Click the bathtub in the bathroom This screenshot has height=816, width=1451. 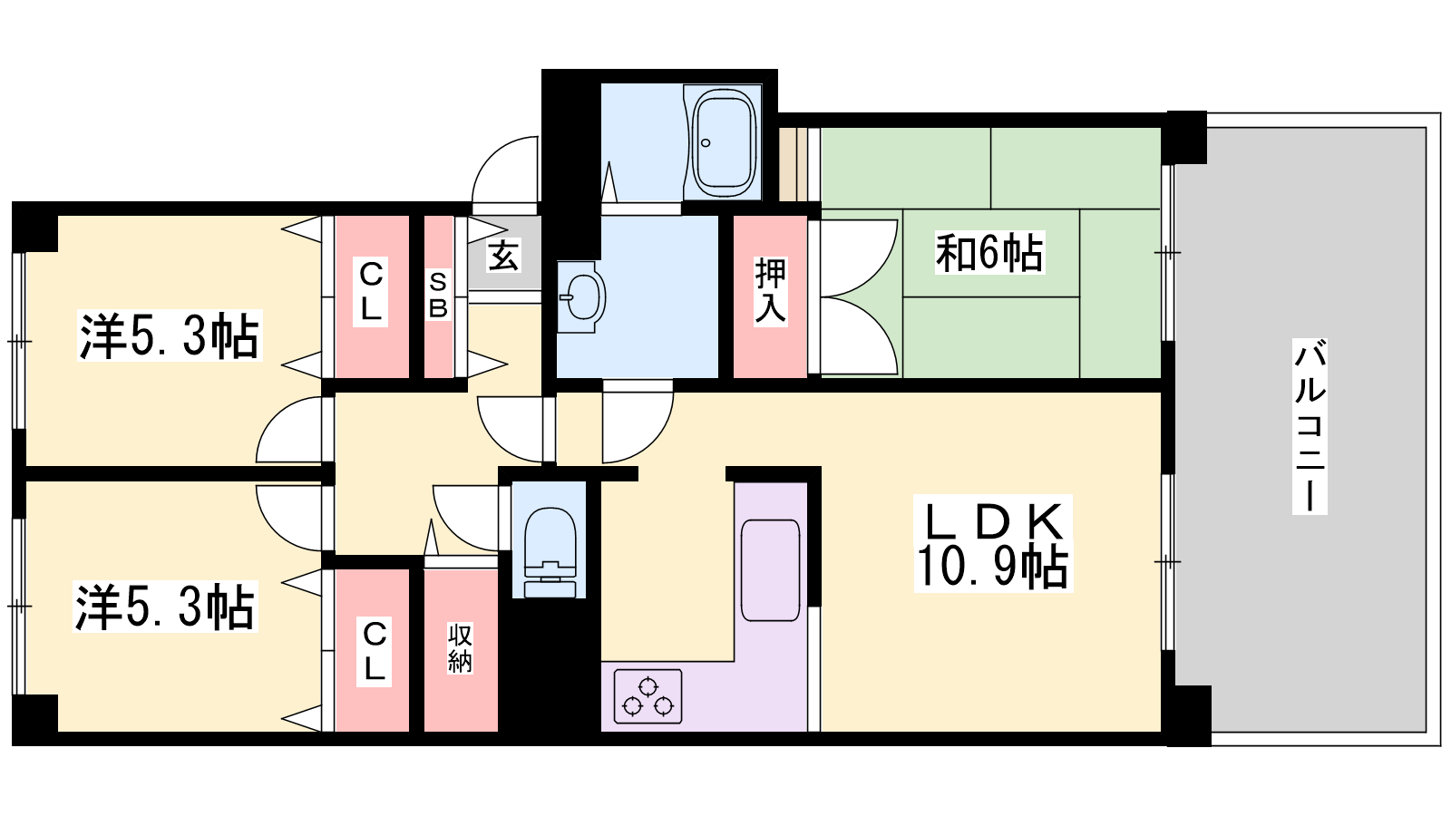tap(724, 142)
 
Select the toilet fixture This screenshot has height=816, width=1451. tap(550, 542)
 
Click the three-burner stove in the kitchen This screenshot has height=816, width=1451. tap(648, 696)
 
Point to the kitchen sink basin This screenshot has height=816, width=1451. tap(770, 569)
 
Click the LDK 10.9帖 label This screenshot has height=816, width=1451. tap(992, 544)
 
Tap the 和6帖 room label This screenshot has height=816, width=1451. tap(989, 252)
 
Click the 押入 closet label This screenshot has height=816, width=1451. tap(770, 290)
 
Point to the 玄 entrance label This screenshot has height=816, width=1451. tap(503, 255)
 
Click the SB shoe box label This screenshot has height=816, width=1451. tap(438, 296)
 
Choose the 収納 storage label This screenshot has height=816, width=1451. tap(460, 647)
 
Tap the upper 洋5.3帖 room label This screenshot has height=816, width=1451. tap(170, 335)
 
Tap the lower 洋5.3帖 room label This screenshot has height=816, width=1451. tap(165, 607)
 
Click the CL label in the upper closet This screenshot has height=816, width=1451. tap(371, 291)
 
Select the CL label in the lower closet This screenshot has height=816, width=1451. tap(375, 651)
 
